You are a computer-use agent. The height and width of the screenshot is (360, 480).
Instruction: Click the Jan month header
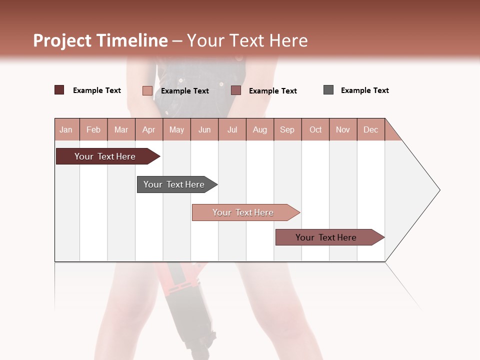[x=66, y=129]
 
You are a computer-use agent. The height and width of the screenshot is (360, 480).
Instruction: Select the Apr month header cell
[x=148, y=129]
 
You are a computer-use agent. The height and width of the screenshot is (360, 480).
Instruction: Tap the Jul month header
[x=232, y=129]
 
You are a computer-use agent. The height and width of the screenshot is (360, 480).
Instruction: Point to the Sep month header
[x=287, y=129]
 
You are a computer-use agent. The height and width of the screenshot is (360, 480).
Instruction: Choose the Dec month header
[x=370, y=129]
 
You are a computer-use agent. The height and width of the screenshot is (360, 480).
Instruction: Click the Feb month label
[x=93, y=129]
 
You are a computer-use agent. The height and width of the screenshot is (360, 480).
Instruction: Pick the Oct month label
[x=315, y=129]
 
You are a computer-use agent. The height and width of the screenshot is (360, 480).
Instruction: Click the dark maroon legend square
[x=59, y=90]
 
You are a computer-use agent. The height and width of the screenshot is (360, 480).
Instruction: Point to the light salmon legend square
[x=147, y=90]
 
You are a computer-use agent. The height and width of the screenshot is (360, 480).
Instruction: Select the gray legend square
[x=328, y=90]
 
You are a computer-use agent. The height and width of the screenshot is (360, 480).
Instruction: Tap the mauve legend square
[x=236, y=90]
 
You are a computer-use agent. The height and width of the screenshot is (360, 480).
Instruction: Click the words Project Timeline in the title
[x=100, y=40]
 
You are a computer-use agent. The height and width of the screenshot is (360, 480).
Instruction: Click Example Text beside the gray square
[x=364, y=90]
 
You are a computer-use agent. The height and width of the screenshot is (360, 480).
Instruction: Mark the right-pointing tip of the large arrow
[x=439, y=190]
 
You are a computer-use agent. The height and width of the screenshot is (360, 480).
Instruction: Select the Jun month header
[x=204, y=129]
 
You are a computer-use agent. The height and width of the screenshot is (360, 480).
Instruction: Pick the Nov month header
[x=343, y=129]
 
